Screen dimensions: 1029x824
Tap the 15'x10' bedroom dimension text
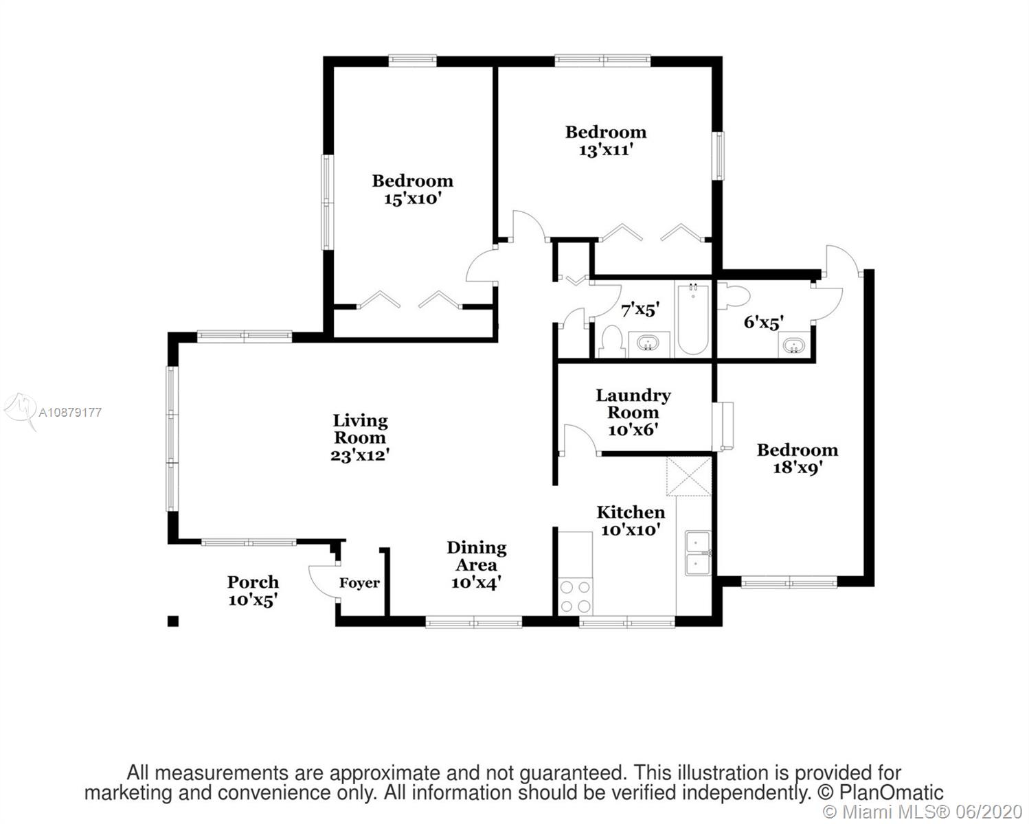(412, 198)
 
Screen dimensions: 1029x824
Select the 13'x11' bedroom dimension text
(606, 150)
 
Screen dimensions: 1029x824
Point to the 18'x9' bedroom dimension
(797, 468)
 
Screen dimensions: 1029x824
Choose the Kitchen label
(631, 512)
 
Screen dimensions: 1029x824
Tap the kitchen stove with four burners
(576, 597)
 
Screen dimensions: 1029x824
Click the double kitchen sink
(698, 553)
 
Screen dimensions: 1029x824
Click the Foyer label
(359, 583)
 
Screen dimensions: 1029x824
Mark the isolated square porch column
(173, 621)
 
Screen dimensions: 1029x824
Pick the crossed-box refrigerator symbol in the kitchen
(689, 476)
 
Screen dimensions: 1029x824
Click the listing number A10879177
(70, 413)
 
